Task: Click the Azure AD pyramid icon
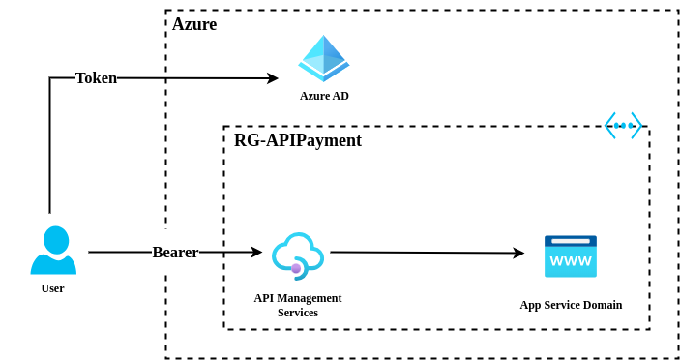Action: (324, 58)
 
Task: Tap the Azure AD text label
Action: (324, 96)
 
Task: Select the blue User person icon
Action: (53, 251)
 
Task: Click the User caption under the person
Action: (53, 288)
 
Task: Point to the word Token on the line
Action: (96, 78)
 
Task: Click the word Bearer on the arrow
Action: (175, 253)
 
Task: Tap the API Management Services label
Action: (298, 305)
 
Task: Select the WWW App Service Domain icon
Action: (571, 256)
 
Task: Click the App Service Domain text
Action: (571, 305)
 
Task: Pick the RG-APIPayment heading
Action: (298, 140)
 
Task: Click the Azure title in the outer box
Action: (194, 24)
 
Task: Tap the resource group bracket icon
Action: (623, 126)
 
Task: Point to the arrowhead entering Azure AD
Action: (273, 78)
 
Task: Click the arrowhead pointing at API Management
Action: (256, 253)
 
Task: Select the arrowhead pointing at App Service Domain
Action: (518, 253)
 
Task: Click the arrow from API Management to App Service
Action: (426, 253)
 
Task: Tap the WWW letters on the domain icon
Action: (571, 261)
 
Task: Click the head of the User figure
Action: (56, 239)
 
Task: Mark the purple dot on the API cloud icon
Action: (296, 268)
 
